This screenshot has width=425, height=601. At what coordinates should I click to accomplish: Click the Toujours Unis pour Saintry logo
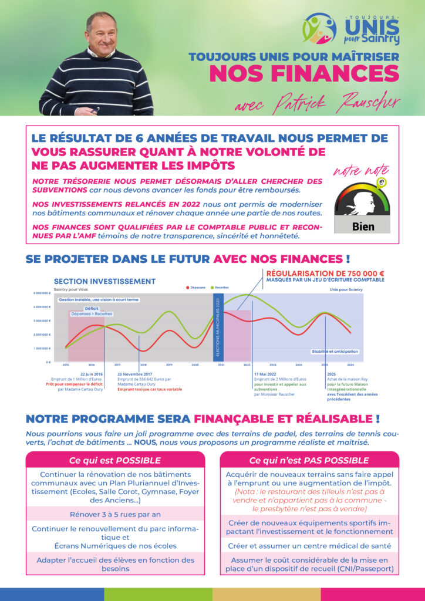[350, 29]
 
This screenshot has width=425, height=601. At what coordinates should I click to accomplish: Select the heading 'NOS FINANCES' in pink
[304, 74]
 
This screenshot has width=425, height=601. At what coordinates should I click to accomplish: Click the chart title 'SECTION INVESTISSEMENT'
[104, 282]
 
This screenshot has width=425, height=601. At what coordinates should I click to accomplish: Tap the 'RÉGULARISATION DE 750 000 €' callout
[325, 274]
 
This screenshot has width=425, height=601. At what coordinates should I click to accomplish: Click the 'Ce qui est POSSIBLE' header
[115, 460]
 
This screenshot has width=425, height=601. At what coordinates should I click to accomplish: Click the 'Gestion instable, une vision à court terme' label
[99, 299]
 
